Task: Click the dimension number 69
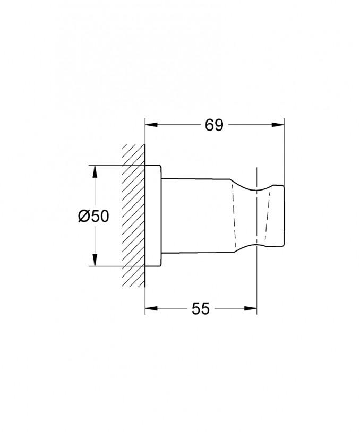pyautogui.click(x=214, y=125)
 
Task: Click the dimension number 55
pyautogui.click(x=201, y=308)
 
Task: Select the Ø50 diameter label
pyautogui.click(x=94, y=216)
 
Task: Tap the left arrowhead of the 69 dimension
pyautogui.click(x=151, y=125)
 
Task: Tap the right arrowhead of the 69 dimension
pyautogui.click(x=278, y=125)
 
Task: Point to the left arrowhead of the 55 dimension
pyautogui.click(x=151, y=308)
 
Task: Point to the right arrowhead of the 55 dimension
pyautogui.click(x=251, y=308)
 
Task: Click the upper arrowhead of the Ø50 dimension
pyautogui.click(x=95, y=171)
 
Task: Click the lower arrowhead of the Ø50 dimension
pyautogui.click(x=95, y=260)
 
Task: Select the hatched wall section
pyautogui.click(x=133, y=215)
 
